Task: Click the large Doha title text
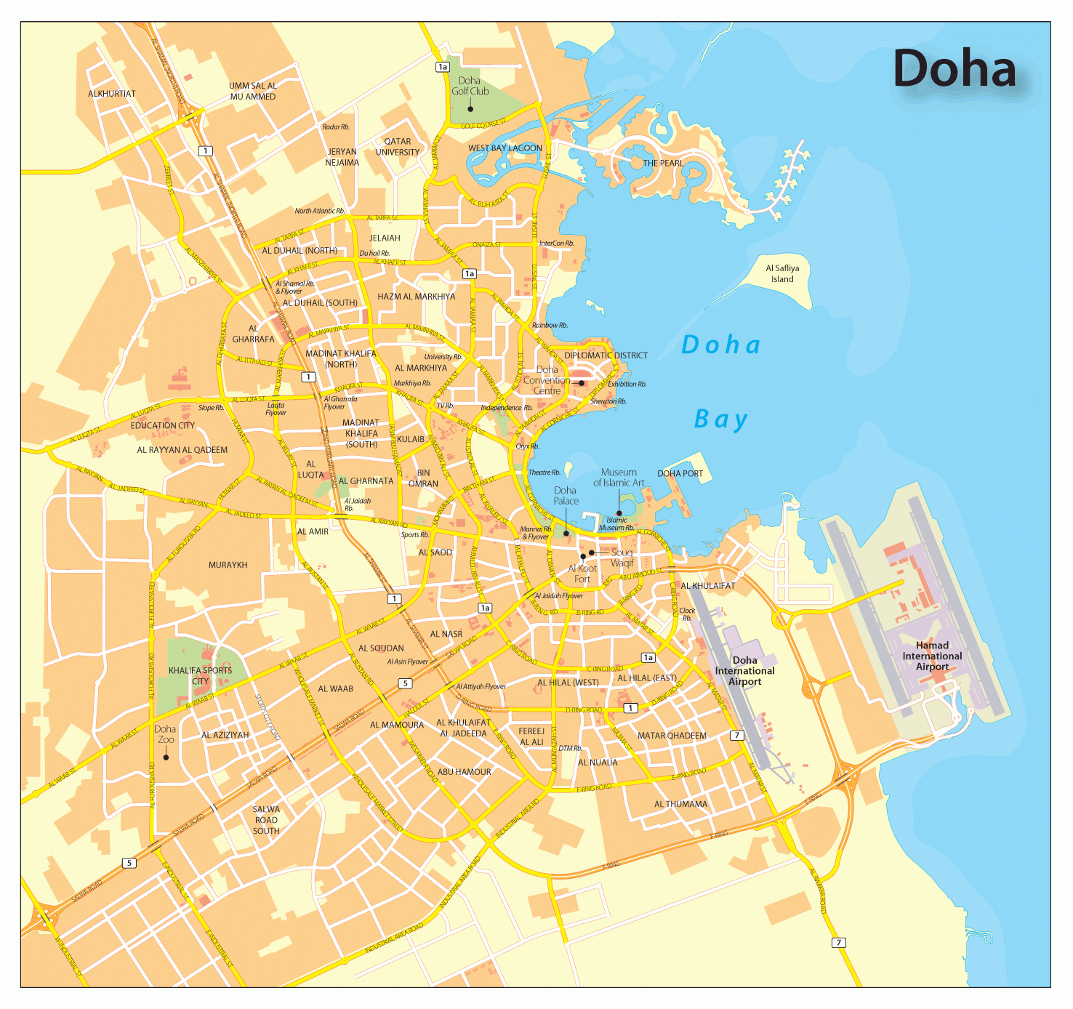click(954, 69)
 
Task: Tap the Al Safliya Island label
click(782, 273)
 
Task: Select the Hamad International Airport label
click(932, 656)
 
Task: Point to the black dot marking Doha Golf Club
click(470, 109)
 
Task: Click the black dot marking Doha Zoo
click(166, 757)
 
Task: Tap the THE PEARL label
click(662, 163)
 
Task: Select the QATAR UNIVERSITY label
click(398, 147)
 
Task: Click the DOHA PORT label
click(680, 473)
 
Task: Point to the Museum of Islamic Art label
click(619, 478)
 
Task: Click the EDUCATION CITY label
click(163, 425)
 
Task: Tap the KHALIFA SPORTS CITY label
click(200, 675)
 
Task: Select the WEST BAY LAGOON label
click(505, 148)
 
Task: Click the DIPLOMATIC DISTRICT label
click(606, 355)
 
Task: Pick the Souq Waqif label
click(622, 558)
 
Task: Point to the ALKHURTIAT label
click(112, 94)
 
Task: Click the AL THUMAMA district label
click(680, 804)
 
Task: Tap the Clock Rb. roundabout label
click(687, 614)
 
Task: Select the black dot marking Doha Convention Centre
click(582, 383)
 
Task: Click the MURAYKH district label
click(228, 565)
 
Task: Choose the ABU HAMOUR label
click(464, 772)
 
